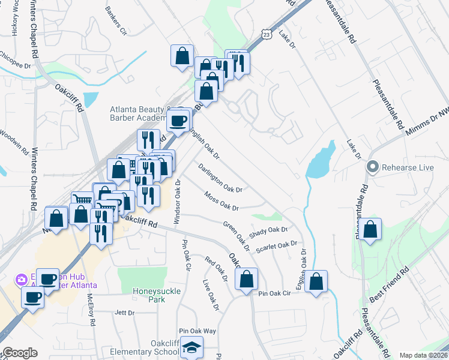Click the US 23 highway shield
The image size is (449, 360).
(266, 35)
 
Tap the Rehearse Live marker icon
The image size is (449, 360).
(373, 167)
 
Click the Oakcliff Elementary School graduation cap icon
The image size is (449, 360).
(191, 346)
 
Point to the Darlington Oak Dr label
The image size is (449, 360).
(220, 179)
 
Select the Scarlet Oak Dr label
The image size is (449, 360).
(277, 246)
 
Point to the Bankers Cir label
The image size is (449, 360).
(116, 20)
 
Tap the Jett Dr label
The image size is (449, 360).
(124, 313)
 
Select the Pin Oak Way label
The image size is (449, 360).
(197, 331)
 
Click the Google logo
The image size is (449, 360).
(20, 353)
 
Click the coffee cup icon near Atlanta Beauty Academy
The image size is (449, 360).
(178, 121)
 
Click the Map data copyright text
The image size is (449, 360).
(423, 355)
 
